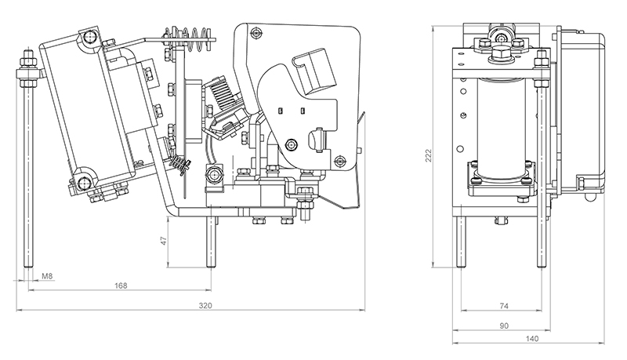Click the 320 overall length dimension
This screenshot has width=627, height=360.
tap(205, 304)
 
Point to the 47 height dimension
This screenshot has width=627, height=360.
tap(164, 242)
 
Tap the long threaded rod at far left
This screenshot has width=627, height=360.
tap(28, 173)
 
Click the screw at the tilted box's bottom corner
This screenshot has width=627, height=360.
tap(84, 184)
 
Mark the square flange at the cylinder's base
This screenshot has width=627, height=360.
tap(500, 179)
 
